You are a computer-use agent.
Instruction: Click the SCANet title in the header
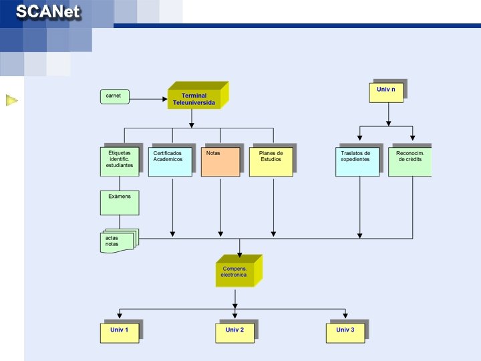point(48,12)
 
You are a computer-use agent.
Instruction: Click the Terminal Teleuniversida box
point(194,98)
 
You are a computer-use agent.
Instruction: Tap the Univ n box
point(386,92)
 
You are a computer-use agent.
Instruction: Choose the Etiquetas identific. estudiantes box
point(120,161)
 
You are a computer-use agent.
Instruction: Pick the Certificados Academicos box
point(170,161)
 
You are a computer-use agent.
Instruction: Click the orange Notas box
point(220,161)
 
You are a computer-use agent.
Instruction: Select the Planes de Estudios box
point(271,161)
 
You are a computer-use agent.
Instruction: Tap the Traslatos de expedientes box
point(357,161)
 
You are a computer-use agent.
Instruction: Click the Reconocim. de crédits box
point(409,161)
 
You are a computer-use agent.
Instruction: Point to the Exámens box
point(120,203)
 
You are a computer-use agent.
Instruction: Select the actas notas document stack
point(118,241)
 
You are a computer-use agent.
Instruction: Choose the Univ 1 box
point(120,332)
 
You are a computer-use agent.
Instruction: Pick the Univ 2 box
point(234,332)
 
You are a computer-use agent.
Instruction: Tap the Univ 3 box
point(345,332)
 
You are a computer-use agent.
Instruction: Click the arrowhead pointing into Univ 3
point(345,316)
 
